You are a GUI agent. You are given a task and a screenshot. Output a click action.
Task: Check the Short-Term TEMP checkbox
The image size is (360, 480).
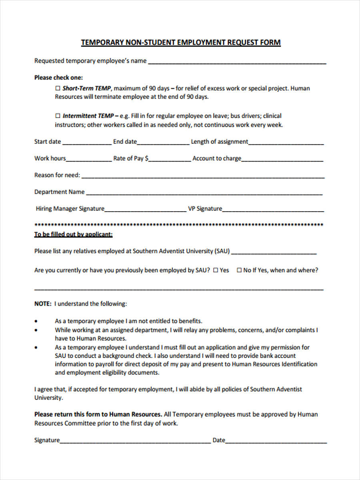[x=57, y=88]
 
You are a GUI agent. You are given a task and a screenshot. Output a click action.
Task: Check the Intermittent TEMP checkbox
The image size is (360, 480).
[x=57, y=116]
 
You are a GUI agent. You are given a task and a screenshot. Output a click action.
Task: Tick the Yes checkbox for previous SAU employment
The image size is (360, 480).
[x=215, y=270]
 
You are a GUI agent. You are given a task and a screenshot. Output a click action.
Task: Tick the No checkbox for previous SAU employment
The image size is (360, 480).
[x=239, y=270]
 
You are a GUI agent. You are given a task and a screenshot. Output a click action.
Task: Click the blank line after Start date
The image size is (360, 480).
[x=86, y=142]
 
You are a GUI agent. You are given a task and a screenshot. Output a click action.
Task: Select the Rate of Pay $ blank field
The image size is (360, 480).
[x=170, y=159]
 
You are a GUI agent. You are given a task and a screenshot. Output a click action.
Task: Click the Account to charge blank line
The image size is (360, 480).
[x=282, y=159]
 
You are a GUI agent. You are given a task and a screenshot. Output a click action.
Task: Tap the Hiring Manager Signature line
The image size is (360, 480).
[x=145, y=210]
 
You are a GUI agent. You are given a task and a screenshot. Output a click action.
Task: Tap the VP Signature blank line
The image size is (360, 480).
[x=273, y=210]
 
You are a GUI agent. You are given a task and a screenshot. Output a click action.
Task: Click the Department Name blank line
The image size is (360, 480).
[x=204, y=193]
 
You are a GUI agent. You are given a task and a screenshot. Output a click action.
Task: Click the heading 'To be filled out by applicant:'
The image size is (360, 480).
[x=73, y=234]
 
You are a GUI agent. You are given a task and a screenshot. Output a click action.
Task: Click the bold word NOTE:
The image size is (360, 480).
[x=43, y=304]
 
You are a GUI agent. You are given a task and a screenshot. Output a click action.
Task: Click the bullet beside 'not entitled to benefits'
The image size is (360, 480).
[x=37, y=321]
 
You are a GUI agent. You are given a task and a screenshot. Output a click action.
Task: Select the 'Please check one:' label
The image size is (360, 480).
[x=58, y=78]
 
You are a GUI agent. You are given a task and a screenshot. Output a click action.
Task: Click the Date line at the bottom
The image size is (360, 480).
[x=276, y=441]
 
